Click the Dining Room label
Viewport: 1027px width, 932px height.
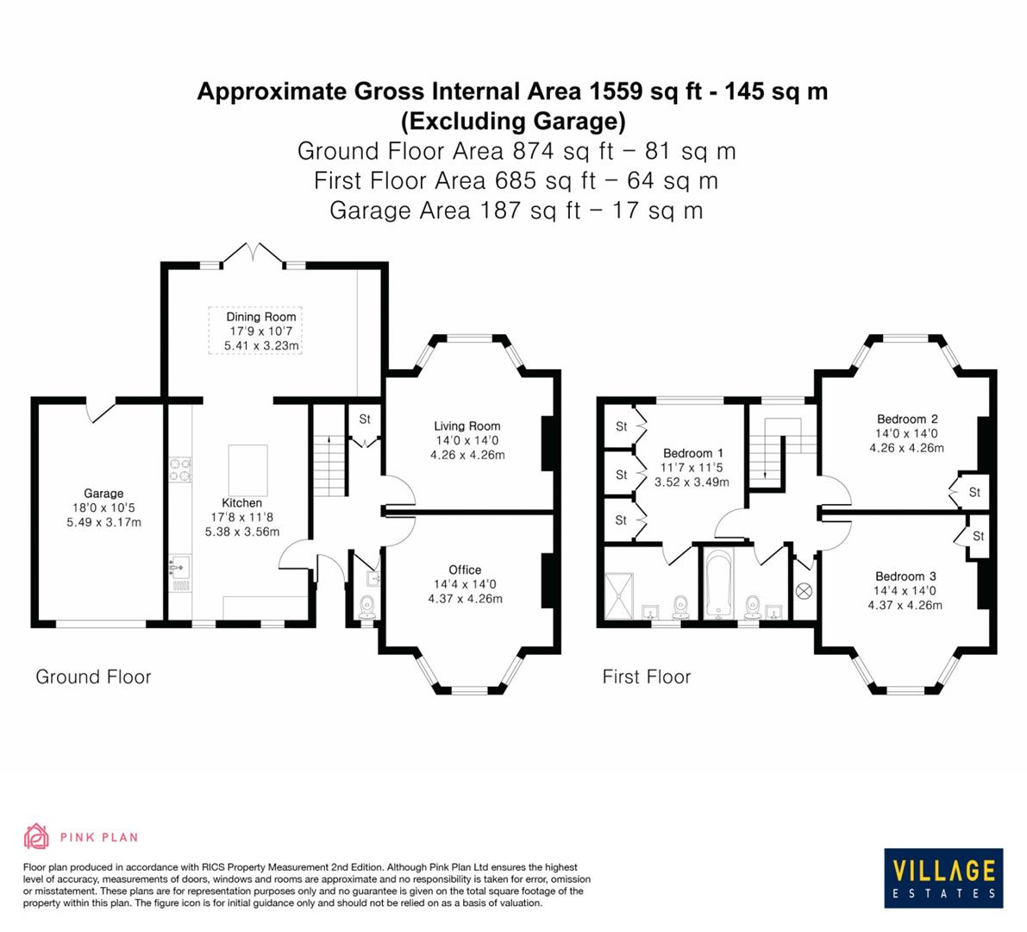coord(260,317)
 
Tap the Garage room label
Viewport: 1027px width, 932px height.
coord(103,494)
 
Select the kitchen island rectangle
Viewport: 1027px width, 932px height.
coord(247,469)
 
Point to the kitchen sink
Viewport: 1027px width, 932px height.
coord(180,568)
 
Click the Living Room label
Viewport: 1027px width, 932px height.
coord(467,425)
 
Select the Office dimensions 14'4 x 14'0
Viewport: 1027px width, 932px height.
coord(465,584)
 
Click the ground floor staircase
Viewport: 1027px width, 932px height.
coord(329,466)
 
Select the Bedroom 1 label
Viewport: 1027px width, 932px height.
coord(692,453)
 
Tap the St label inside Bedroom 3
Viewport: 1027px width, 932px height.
coord(978,536)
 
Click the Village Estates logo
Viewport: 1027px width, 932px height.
coord(943,877)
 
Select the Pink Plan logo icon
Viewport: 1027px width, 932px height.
coord(37,836)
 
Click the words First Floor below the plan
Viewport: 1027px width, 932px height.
coord(646,677)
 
